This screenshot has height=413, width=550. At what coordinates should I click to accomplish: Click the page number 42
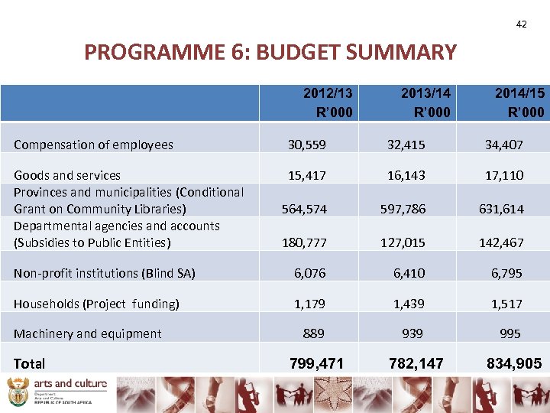tap(521, 24)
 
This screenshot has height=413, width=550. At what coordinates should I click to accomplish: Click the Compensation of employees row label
tap(93, 145)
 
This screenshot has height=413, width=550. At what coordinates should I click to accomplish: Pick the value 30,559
tap(306, 145)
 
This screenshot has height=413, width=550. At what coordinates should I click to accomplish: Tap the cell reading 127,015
tap(404, 242)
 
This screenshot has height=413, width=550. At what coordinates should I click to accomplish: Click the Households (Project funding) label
tap(96, 304)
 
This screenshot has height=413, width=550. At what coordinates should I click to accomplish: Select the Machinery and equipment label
tap(87, 333)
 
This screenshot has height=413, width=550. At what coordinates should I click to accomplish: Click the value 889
tap(313, 333)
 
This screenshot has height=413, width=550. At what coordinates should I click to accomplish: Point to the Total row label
tap(29, 364)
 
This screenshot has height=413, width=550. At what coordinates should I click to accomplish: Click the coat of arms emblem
tap(16, 395)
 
